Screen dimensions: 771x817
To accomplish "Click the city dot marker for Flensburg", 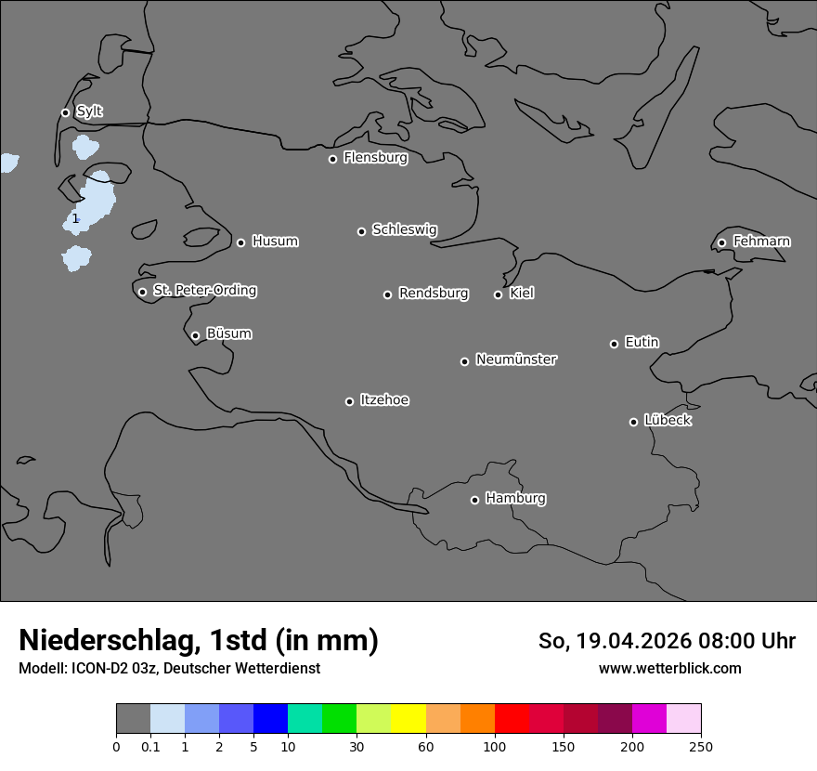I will point(332,159).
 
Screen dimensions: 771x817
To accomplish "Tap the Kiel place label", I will point(522,294).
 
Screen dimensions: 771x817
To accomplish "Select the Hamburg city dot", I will point(474,500).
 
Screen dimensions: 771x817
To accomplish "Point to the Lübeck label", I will point(668,421).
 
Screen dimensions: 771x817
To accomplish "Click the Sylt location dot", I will point(65,112).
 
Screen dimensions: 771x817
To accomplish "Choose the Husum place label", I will point(275,242).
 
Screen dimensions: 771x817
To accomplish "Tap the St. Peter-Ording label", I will point(204,291).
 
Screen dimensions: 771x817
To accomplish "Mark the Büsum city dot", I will point(195,335).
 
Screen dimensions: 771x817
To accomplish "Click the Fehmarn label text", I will point(761,242).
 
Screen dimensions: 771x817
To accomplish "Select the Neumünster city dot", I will point(464,361).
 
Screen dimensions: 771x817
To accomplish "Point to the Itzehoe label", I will point(384,400).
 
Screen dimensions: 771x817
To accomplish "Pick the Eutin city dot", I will point(614,344).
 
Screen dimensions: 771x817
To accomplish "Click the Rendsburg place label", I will point(434,294).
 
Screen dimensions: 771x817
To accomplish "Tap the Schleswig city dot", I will point(361,231).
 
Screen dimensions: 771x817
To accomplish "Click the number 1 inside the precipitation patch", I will point(75,219).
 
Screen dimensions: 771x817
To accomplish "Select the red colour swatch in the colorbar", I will point(512,719).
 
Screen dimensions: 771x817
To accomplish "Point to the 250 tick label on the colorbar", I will point(701,746).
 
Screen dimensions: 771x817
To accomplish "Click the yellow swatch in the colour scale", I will point(408,719).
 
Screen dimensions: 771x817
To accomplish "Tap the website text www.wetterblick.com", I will point(669,669).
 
